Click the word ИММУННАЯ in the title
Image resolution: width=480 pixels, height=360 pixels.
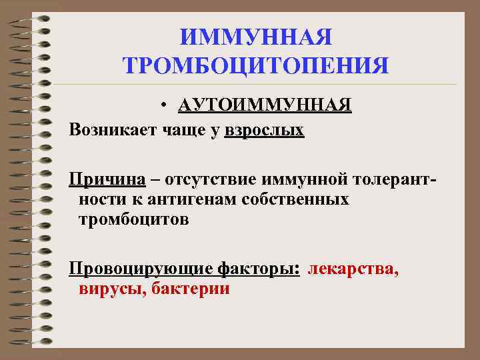coord(256,37)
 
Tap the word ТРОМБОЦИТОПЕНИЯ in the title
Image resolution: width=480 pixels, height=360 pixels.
coord(256,65)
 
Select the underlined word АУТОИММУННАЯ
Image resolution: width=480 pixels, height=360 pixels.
coord(265,106)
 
